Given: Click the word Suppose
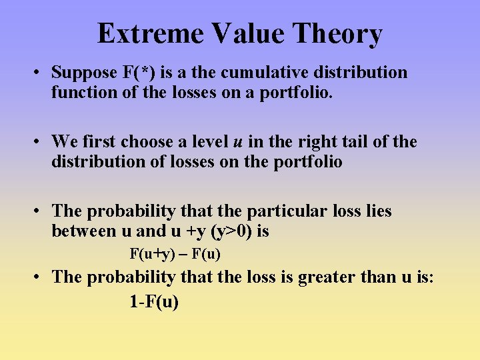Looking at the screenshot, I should click(83, 73).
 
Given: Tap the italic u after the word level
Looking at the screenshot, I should click(237, 142).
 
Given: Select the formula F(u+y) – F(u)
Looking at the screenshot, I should click(175, 254).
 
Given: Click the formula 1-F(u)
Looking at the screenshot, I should click(154, 301).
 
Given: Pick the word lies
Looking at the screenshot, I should click(377, 211).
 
